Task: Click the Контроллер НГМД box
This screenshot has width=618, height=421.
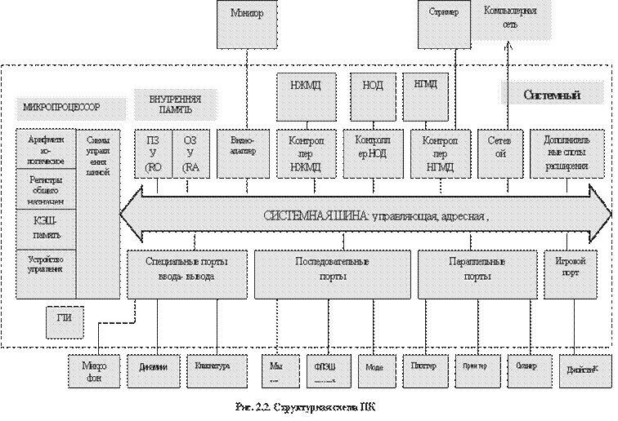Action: coord(434,152)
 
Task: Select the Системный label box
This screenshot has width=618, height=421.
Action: coord(551,95)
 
